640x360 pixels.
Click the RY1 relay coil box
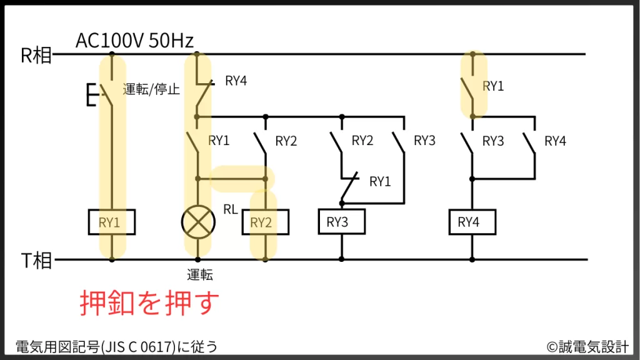click(112, 222)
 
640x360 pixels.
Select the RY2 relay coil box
click(265, 222)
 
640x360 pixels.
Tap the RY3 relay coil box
click(341, 222)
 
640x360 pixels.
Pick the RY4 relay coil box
click(472, 222)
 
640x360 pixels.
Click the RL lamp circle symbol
click(197, 222)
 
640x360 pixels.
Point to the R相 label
click(36, 56)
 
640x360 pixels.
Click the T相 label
click(36, 260)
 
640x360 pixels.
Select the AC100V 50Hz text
click(134, 41)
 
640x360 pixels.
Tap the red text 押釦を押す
click(150, 304)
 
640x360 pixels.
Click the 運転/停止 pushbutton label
click(151, 89)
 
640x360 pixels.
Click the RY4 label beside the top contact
click(236, 80)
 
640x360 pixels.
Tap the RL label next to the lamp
click(231, 209)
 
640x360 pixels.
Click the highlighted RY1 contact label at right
click(493, 87)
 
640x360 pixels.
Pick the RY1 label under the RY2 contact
click(380, 182)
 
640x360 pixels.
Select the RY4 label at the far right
click(554, 141)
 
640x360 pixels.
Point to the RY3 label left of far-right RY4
click(493, 141)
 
